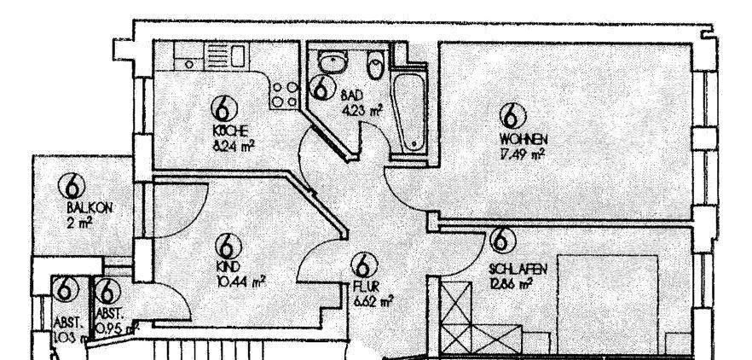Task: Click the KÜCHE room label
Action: pyautogui.click(x=231, y=131)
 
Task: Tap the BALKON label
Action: pyautogui.click(x=87, y=207)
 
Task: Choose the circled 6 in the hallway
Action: pyautogui.click(x=364, y=265)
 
